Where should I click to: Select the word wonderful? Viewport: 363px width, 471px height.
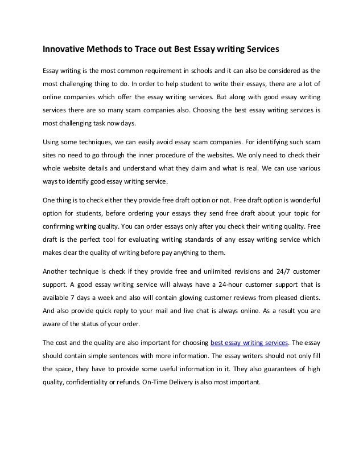tap(303, 201)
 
